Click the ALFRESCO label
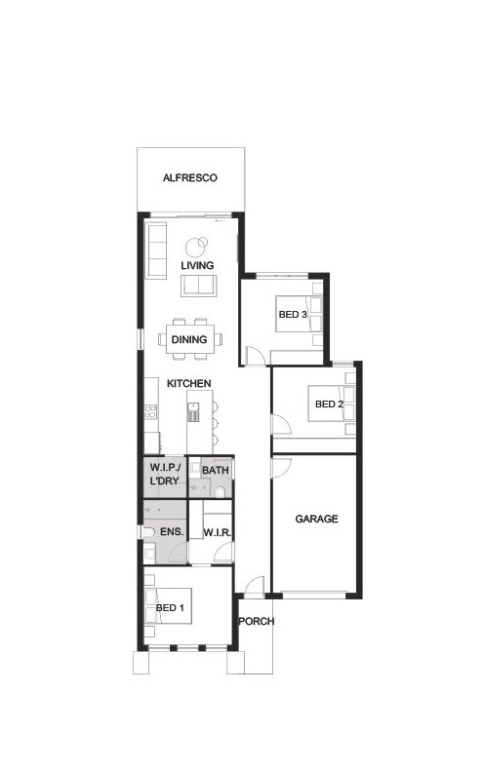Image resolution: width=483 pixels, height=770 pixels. click(190, 177)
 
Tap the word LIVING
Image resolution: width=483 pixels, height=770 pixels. click(197, 266)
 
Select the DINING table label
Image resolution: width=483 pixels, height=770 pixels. click(189, 339)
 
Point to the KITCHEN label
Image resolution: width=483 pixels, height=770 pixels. click(189, 383)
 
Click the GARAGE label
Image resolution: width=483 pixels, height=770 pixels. click(317, 519)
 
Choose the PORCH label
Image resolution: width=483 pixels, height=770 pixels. click(257, 621)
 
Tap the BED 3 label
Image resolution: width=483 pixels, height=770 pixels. click(293, 314)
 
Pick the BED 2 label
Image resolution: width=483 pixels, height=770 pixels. click(329, 404)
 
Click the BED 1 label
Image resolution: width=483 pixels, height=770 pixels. click(170, 608)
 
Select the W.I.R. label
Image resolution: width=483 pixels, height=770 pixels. click(217, 533)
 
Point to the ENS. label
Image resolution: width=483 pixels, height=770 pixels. click(172, 532)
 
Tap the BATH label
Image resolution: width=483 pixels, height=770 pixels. click(216, 471)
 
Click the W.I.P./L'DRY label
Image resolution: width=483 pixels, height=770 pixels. click(165, 474)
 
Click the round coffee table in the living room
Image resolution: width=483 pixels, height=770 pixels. click(197, 247)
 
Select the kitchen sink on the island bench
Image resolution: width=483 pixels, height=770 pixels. click(193, 412)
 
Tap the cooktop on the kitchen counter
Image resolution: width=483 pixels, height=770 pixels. click(150, 411)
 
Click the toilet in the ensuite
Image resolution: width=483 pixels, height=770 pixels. click(148, 532)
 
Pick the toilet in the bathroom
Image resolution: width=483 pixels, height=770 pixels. click(220, 491)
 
